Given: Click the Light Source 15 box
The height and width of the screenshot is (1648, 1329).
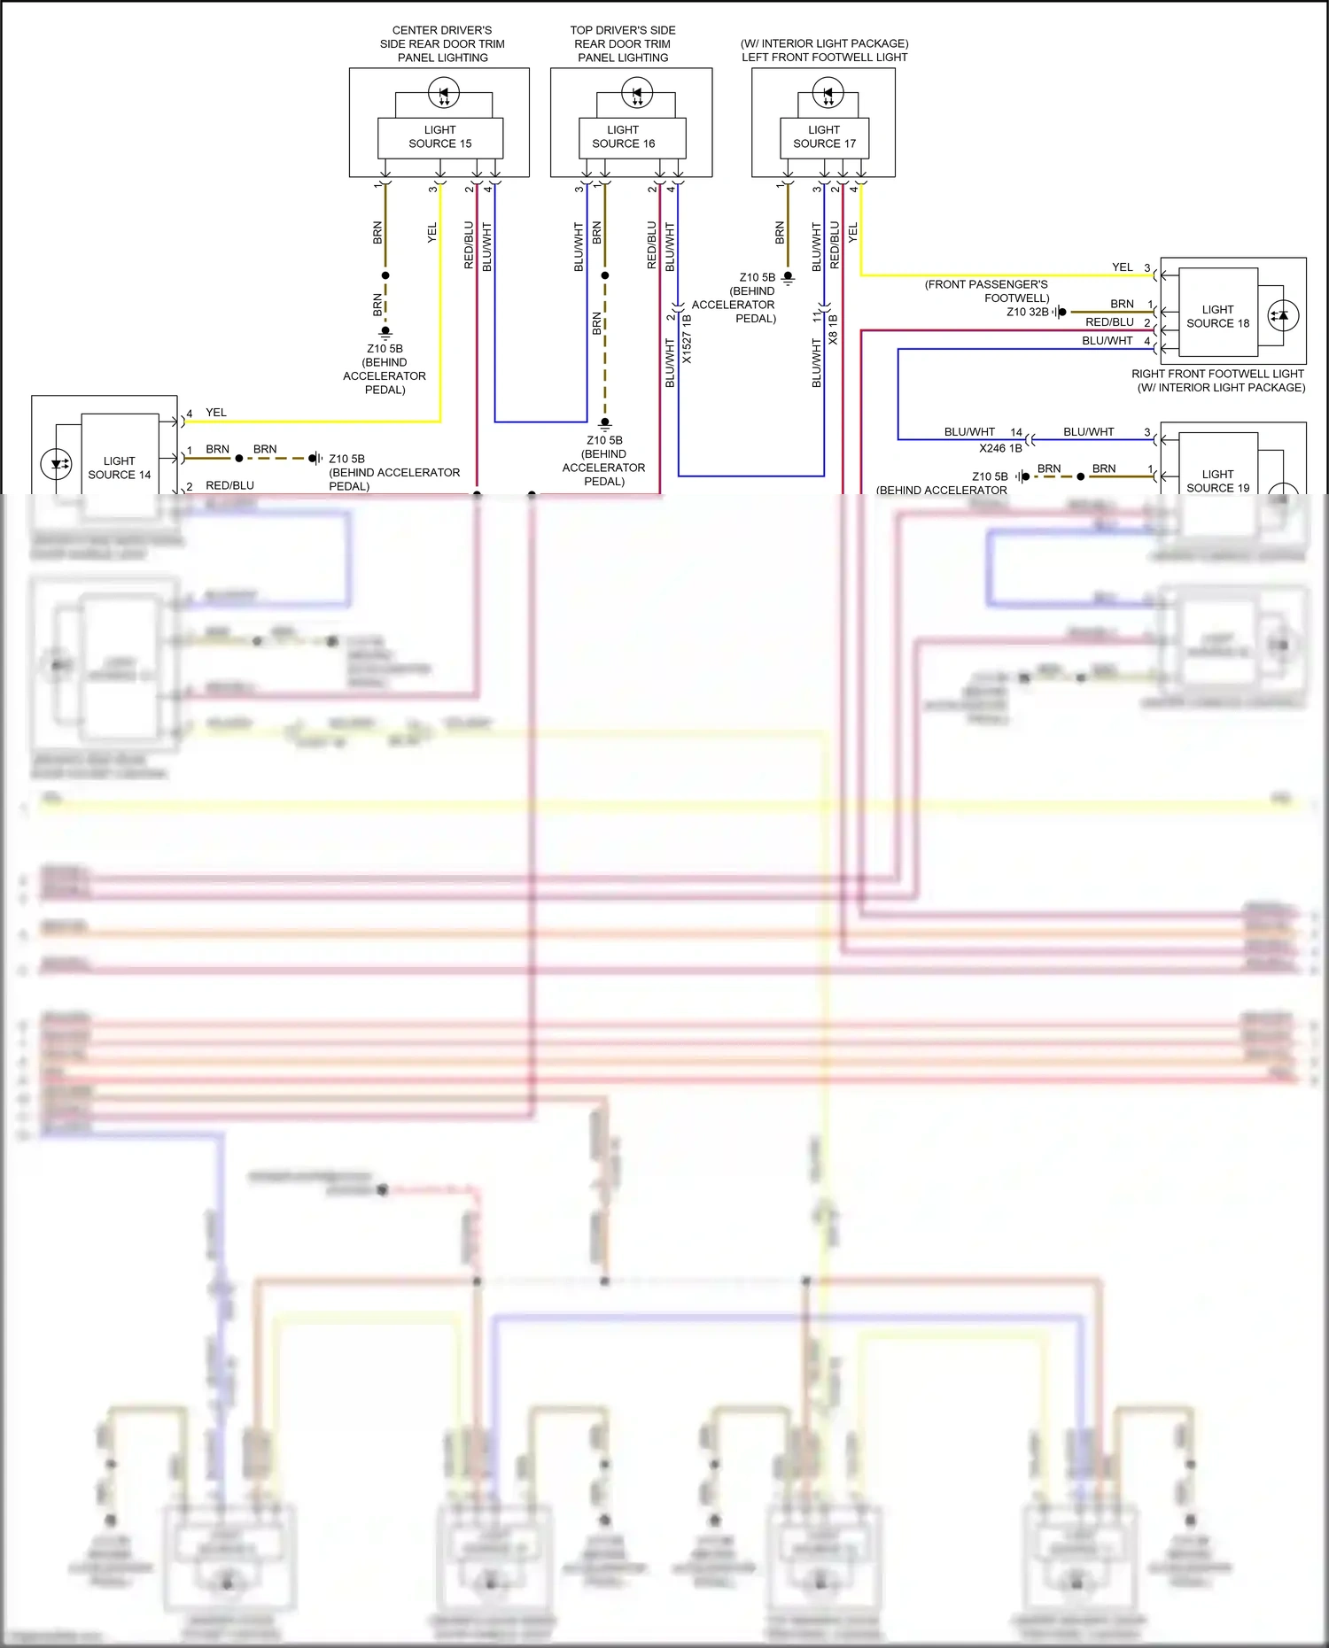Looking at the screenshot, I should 440,137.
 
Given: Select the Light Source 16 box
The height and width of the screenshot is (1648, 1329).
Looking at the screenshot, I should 623,137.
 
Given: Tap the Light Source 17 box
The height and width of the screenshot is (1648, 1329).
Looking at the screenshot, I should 824,137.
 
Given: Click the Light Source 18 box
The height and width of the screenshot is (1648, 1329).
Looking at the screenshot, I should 1217,316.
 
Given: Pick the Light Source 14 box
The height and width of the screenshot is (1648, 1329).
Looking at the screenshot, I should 120,468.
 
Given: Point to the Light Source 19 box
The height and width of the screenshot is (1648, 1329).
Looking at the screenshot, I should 1217,480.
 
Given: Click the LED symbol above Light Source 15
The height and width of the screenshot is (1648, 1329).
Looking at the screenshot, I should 443,92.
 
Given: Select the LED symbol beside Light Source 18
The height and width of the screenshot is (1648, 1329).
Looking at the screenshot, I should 1283,315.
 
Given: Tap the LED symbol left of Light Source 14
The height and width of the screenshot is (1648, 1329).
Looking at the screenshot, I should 57,464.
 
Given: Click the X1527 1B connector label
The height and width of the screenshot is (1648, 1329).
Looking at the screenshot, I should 688,339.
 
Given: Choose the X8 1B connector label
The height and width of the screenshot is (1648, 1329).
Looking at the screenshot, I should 833,329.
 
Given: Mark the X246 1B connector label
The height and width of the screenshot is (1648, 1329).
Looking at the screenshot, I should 1000,448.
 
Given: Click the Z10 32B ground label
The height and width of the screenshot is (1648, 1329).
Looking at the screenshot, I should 1027,312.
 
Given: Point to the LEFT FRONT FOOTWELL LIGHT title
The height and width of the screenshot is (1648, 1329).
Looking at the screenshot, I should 824,58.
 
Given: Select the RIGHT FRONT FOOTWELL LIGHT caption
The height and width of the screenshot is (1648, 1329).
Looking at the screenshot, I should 1217,374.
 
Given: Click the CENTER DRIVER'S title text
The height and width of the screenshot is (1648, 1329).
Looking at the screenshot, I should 442,30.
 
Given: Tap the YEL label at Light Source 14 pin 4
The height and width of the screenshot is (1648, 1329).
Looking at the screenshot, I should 216,413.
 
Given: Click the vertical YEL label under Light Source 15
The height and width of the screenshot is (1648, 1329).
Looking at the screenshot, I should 432,233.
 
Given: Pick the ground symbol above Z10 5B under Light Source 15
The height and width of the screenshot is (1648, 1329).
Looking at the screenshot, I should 385,332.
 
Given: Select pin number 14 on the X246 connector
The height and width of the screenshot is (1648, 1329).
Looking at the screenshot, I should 1016,432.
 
